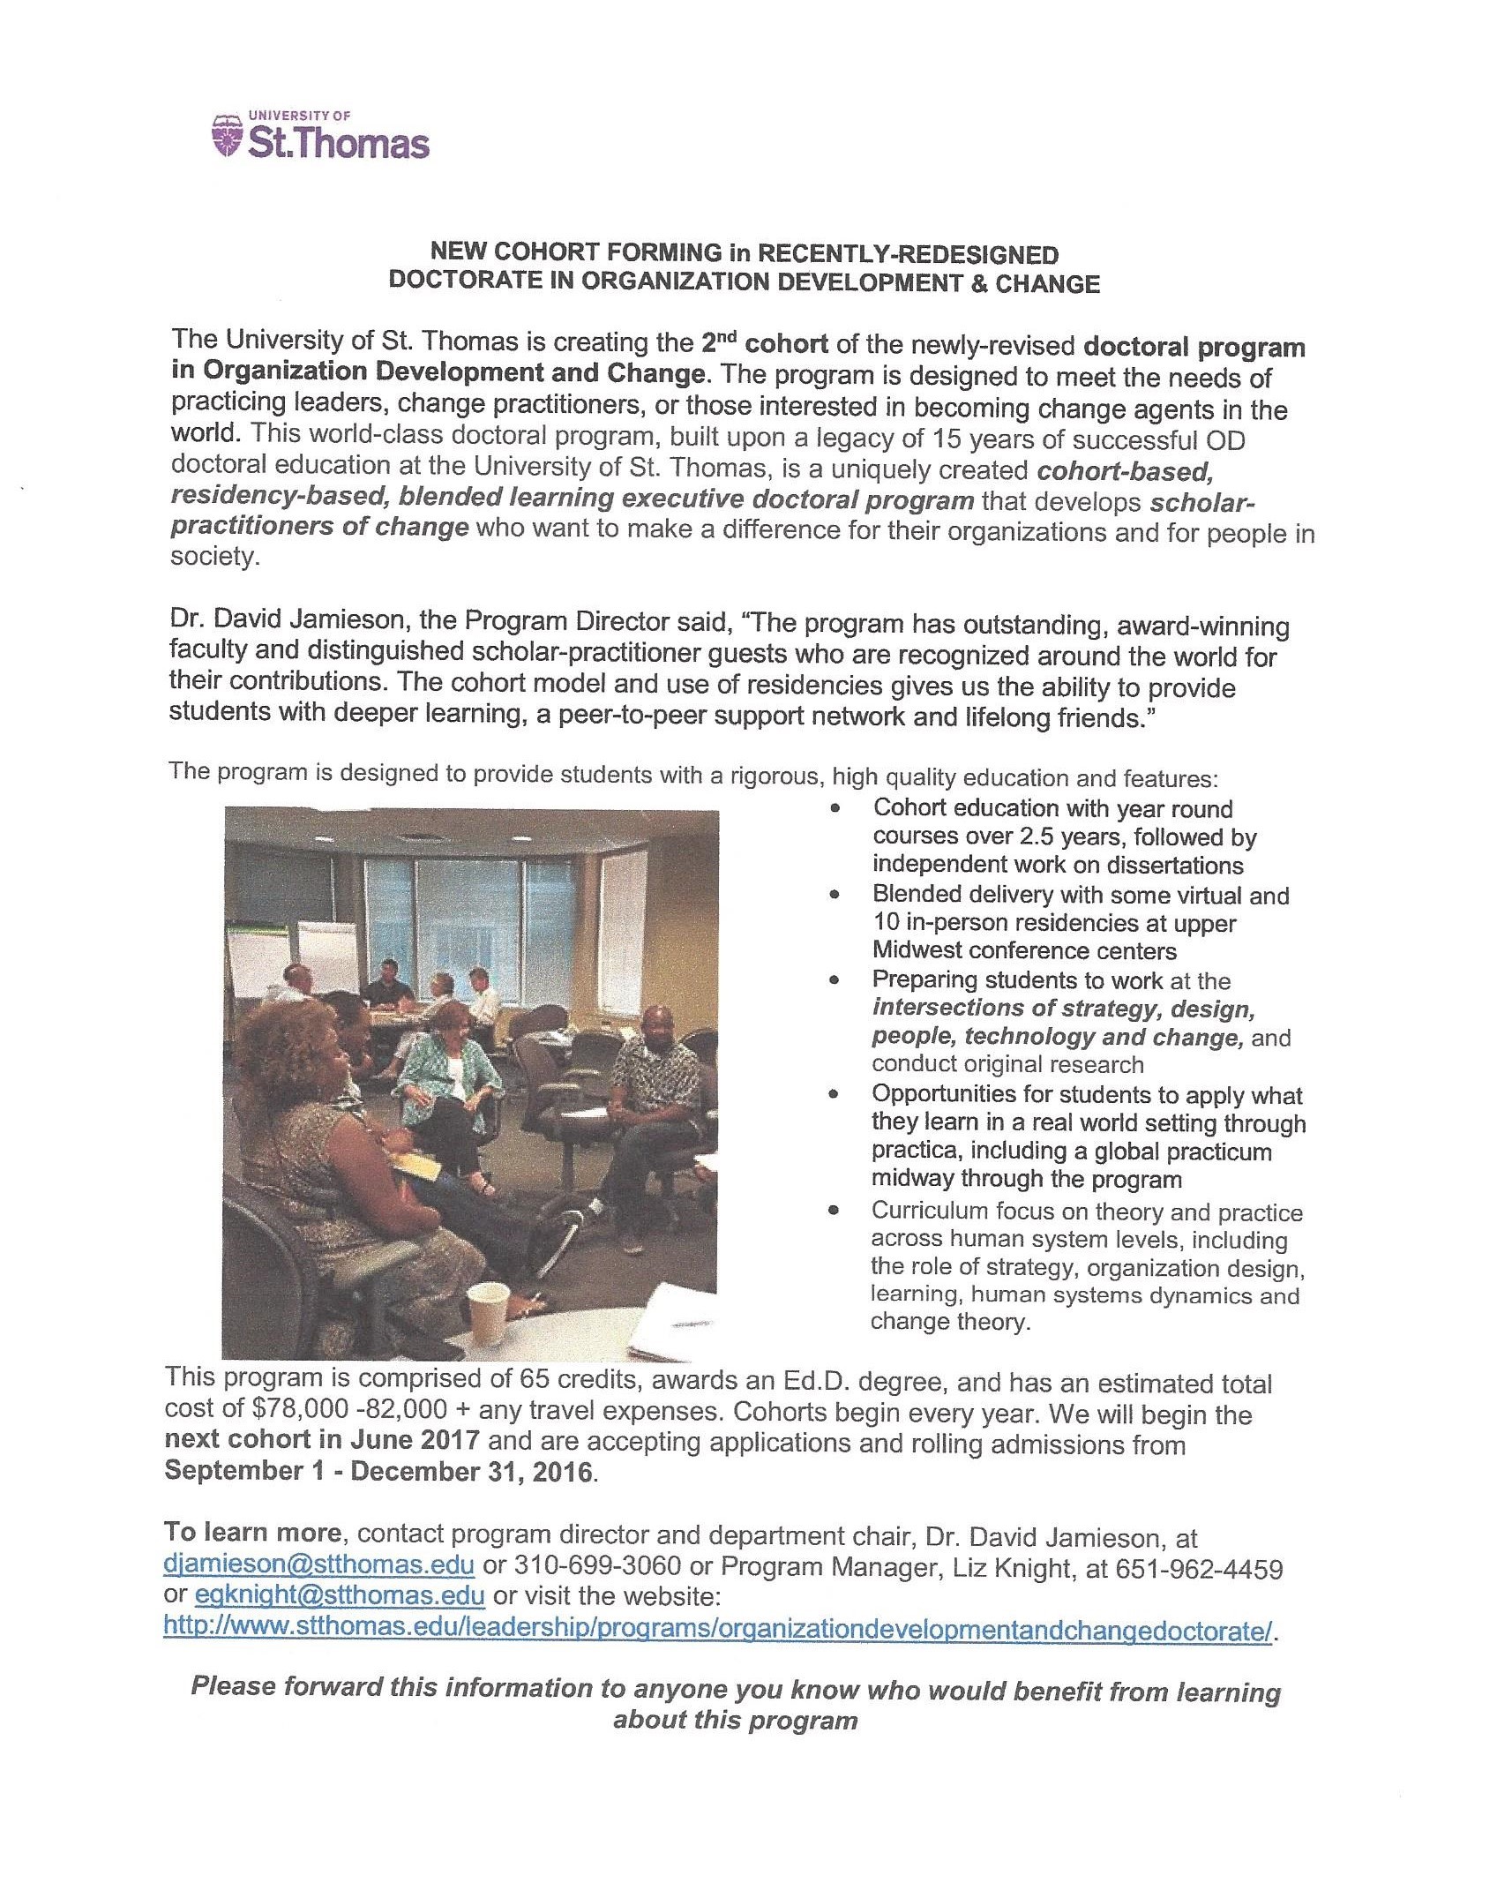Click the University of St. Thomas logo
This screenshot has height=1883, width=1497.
321,137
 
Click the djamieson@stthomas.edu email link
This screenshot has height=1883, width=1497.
319,1565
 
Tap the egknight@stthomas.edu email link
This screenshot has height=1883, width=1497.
340,1595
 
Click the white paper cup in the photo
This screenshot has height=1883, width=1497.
488,1304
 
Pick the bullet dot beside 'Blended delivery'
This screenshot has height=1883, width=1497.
835,895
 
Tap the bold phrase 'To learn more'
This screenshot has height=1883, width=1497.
251,1534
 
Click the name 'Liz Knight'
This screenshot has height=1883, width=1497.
973,1568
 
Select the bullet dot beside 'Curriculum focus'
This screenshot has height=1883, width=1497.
834,1212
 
